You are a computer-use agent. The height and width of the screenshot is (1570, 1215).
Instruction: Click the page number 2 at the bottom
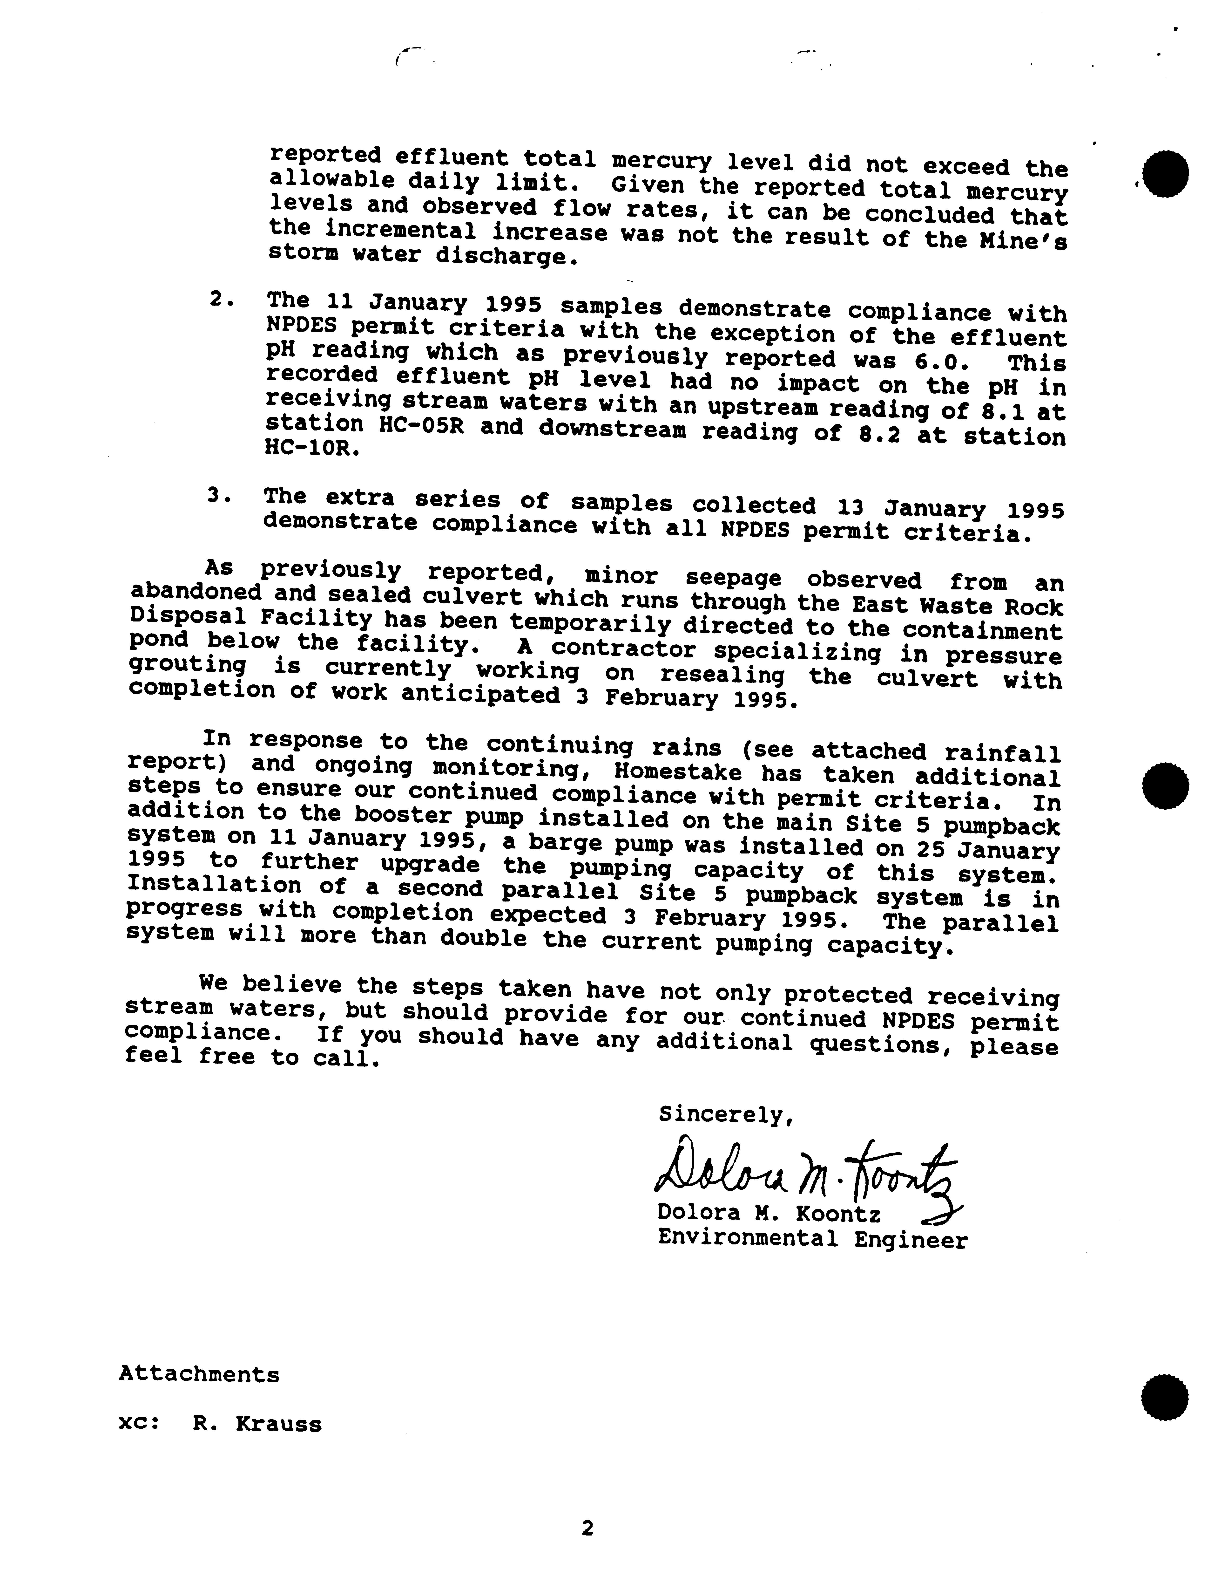pos(588,1529)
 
